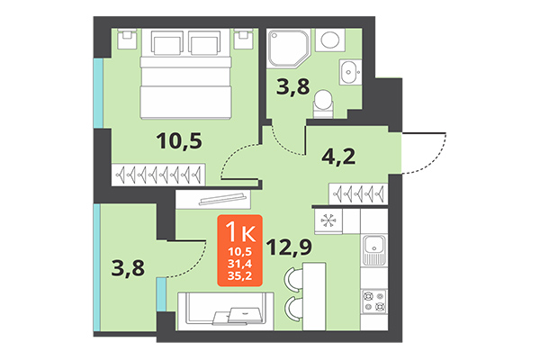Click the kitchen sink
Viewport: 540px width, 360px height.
coord(373,246)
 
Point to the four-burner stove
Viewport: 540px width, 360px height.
coord(373,300)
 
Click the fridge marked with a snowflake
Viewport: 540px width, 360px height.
coord(328,219)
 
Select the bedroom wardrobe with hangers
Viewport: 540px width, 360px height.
coord(159,175)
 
